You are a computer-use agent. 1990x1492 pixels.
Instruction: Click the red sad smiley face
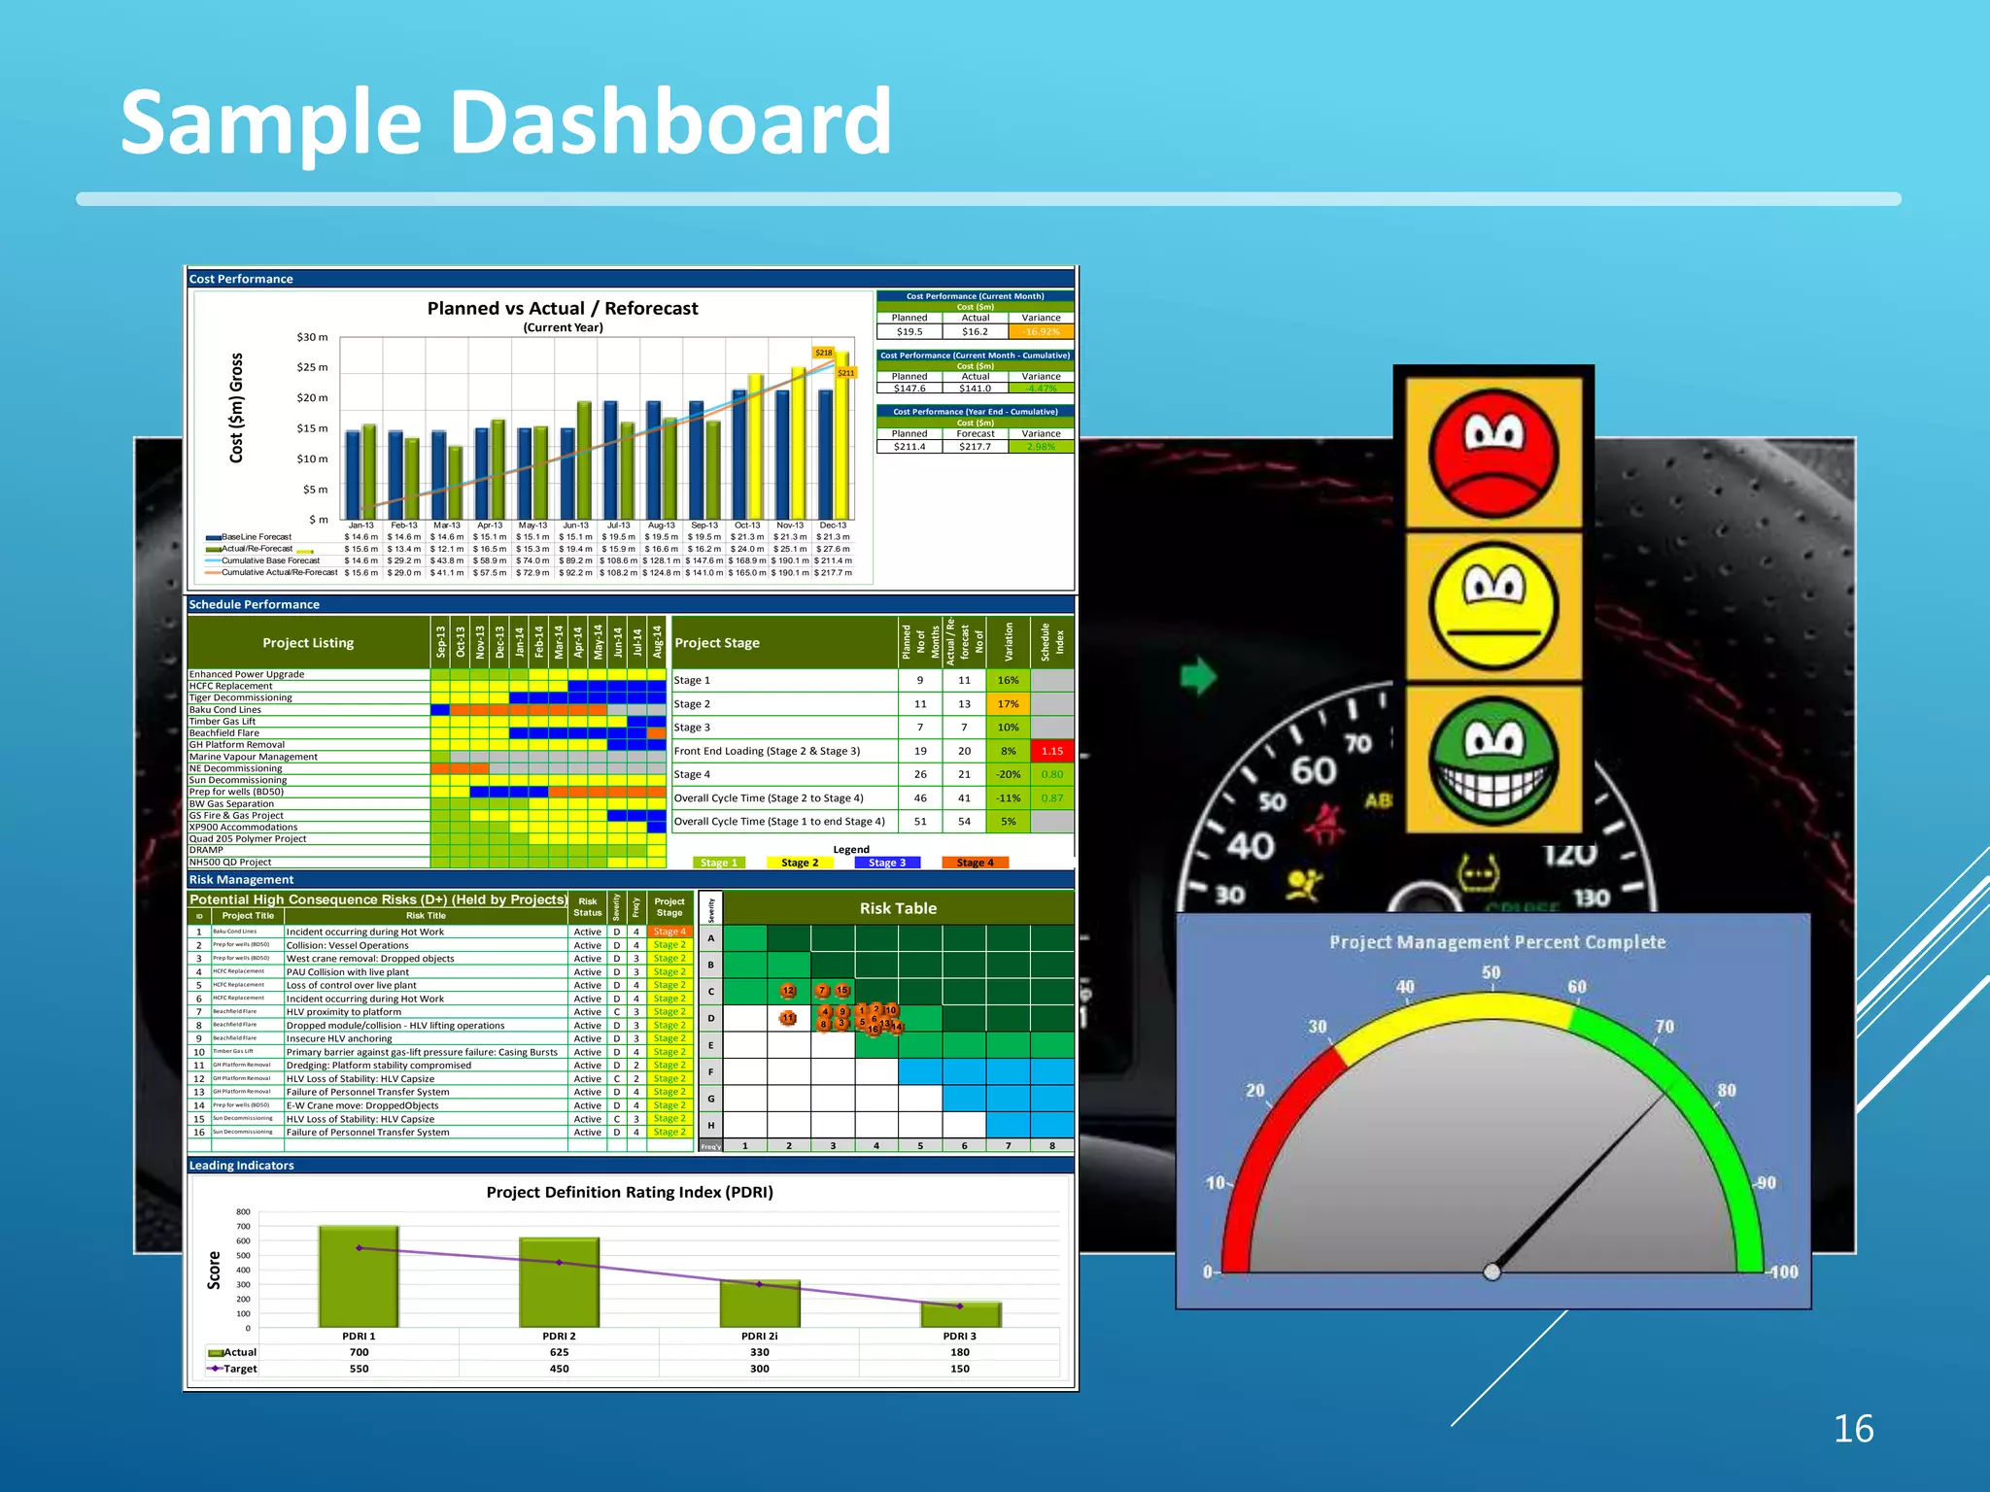[x=1493, y=453]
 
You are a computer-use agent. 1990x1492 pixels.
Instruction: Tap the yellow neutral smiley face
[x=1493, y=606]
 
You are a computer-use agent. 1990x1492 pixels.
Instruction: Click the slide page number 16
[x=1853, y=1429]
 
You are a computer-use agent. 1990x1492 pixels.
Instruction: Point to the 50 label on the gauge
[x=1492, y=972]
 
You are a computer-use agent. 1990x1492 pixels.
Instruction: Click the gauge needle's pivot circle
[x=1492, y=1272]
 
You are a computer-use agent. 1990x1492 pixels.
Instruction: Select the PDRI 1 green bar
[x=359, y=1276]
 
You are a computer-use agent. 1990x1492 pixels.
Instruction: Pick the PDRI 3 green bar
[x=960, y=1314]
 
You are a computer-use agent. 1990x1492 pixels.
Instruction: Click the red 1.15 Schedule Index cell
[x=1051, y=751]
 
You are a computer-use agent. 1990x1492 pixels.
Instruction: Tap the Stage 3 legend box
[x=887, y=863]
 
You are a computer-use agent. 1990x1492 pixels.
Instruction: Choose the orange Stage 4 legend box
[x=975, y=863]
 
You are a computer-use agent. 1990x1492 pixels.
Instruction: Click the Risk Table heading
[x=898, y=908]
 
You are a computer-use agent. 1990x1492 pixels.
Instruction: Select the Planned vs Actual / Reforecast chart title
[x=563, y=308]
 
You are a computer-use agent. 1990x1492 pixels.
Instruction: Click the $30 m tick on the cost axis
[x=312, y=337]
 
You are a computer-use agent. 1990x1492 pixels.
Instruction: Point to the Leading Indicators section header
[x=242, y=1165]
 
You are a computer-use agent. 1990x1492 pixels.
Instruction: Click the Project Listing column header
[x=308, y=643]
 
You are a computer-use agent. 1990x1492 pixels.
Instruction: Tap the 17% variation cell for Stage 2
[x=1008, y=704]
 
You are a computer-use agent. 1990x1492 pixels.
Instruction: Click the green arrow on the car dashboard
[x=1198, y=675]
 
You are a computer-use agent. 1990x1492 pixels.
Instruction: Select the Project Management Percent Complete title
[x=1496, y=942]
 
